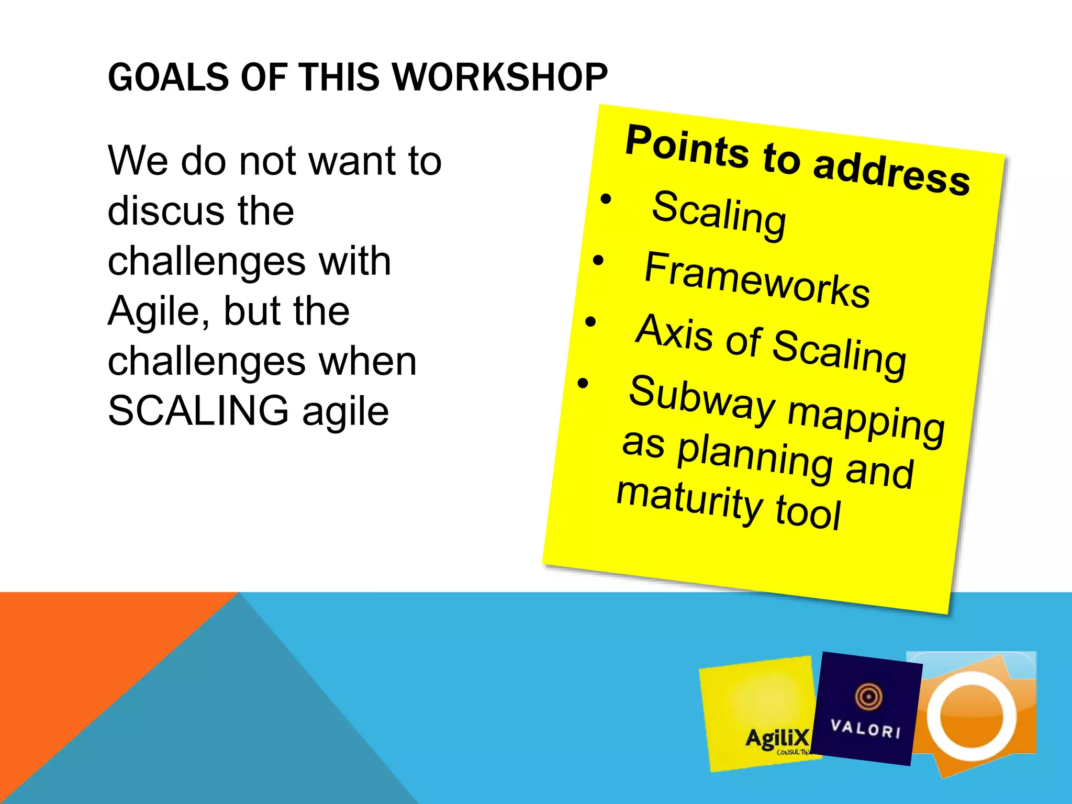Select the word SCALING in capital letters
point(198,410)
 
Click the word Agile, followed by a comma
point(160,311)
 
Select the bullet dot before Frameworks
point(598,260)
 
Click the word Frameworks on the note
point(756,280)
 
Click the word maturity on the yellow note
point(688,499)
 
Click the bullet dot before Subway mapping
point(583,383)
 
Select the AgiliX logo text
point(777,739)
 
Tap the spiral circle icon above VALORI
point(868,696)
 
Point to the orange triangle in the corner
point(79,660)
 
